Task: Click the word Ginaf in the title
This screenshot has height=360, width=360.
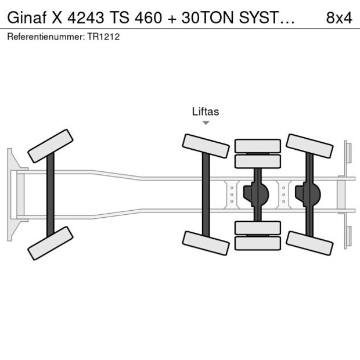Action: click(x=27, y=17)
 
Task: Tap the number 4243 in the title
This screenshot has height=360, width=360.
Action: click(x=85, y=17)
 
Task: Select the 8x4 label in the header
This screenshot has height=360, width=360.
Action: click(x=339, y=17)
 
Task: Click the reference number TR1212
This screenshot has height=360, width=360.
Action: click(x=103, y=37)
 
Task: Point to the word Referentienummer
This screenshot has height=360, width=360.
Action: click(x=46, y=37)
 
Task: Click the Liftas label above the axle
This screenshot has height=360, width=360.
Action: click(x=206, y=111)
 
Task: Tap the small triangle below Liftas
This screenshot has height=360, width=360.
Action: click(x=206, y=123)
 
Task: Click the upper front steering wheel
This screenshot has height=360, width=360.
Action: click(x=51, y=146)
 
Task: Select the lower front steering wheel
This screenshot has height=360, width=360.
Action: click(x=51, y=243)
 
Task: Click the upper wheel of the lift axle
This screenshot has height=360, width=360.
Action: click(x=206, y=146)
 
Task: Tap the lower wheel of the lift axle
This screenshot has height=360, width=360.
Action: click(x=206, y=243)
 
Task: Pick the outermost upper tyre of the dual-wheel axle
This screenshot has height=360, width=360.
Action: click(x=258, y=146)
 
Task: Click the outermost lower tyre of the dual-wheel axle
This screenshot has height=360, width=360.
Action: click(x=258, y=243)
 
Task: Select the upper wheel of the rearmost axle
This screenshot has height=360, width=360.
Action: click(x=309, y=146)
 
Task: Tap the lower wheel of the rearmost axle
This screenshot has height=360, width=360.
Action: click(x=309, y=243)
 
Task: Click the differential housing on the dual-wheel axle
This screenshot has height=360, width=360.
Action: click(x=256, y=195)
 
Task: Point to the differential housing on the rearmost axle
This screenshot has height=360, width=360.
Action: click(x=308, y=195)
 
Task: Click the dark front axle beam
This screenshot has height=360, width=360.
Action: click(x=51, y=195)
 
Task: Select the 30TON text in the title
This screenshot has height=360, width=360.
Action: click(x=208, y=17)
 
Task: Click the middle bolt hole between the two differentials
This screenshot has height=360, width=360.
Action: click(x=284, y=195)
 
